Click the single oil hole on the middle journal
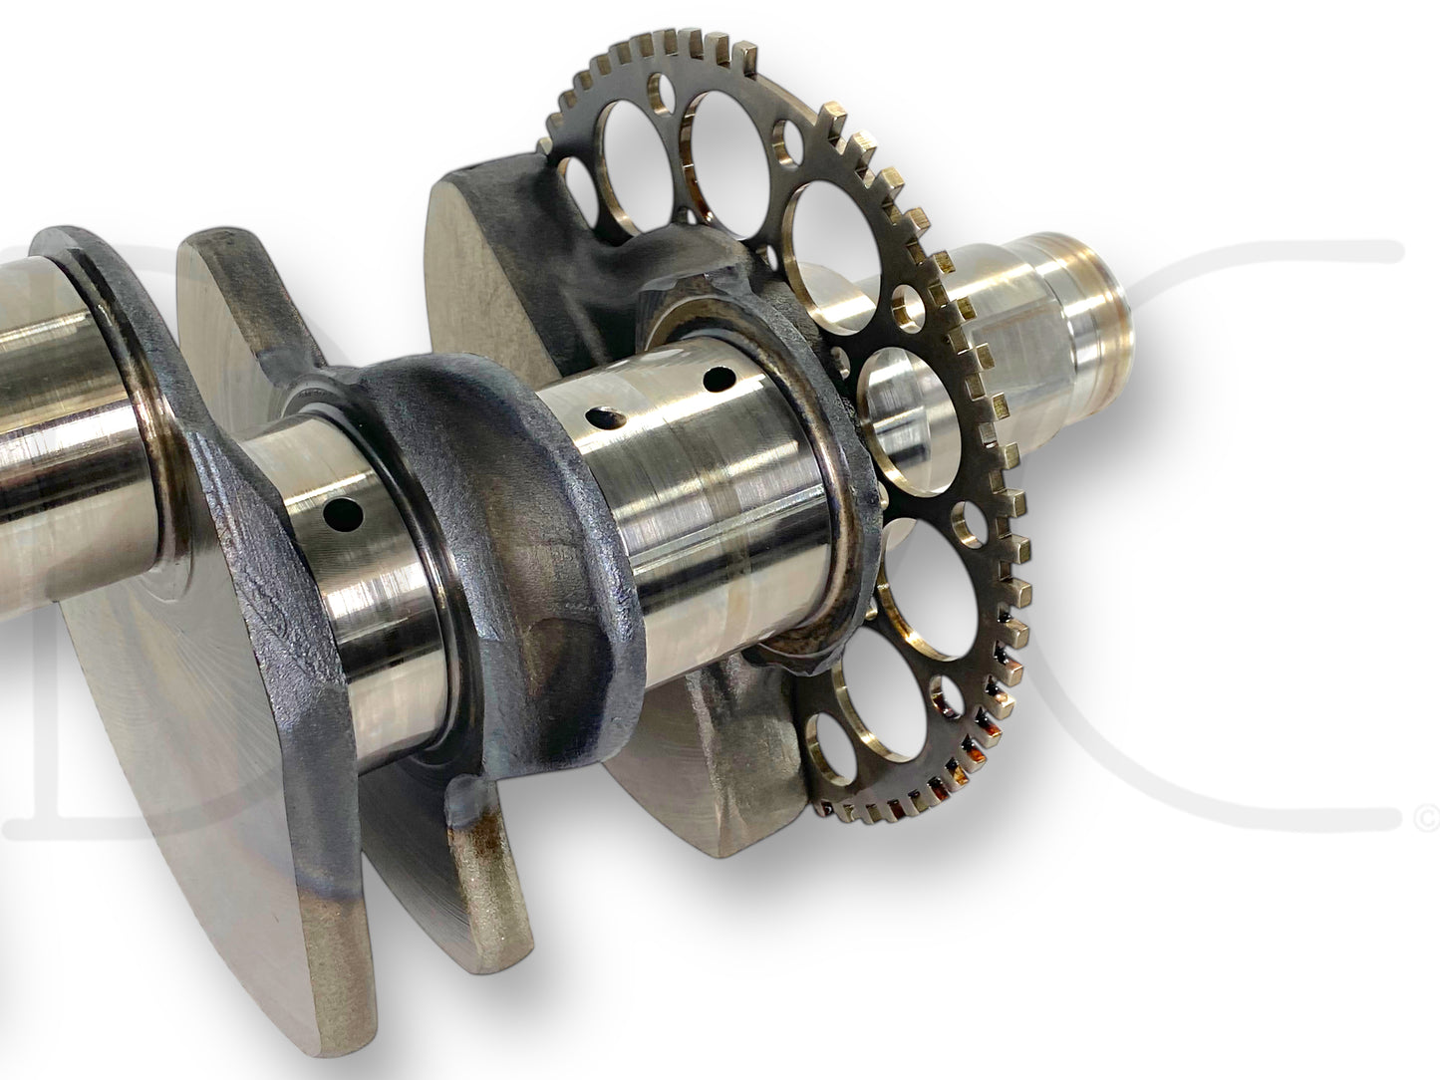348,514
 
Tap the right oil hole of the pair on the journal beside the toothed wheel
715,379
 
